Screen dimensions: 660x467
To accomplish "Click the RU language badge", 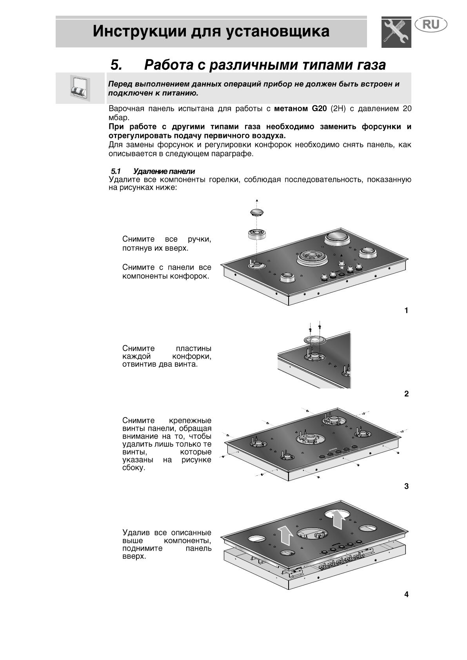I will tap(431, 25).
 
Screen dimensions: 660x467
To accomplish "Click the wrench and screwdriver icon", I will tap(396, 32).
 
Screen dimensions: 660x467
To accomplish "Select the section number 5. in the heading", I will tap(116, 65).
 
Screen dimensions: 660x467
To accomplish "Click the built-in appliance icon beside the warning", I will tap(80, 88).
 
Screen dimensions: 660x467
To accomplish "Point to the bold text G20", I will tap(319, 109).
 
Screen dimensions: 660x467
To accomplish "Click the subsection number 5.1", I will tap(116, 171).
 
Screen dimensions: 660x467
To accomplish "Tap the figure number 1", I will tap(406, 310).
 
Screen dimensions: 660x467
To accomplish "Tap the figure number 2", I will tap(406, 394).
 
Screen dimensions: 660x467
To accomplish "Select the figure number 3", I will tap(406, 486).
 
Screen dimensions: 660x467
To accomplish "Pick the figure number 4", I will tap(406, 595).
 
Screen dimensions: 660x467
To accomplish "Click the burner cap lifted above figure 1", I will tap(256, 213).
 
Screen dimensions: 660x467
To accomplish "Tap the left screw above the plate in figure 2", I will tap(310, 326).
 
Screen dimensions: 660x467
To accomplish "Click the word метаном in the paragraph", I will tap(291, 109).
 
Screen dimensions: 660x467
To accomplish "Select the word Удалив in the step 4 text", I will tap(136, 533).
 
